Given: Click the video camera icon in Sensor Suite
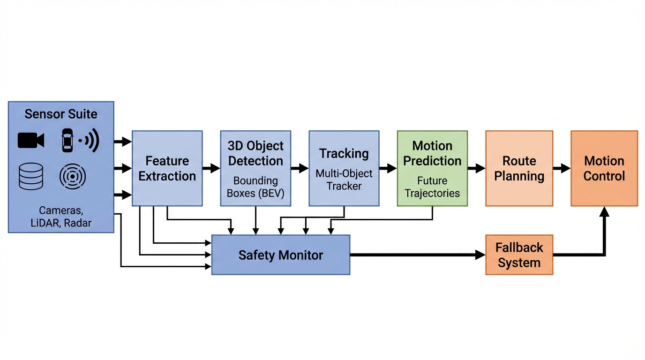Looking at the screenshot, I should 31,140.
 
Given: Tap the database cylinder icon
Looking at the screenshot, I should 31,176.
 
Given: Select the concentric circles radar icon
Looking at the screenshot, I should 72,176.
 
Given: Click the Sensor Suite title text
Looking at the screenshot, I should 61,114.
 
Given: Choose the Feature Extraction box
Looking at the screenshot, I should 167,168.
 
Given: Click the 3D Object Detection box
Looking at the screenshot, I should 255,168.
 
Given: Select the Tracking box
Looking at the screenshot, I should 344,168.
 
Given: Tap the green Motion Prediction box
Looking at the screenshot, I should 432,168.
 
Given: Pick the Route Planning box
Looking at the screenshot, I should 519,168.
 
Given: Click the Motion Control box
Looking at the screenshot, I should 604,168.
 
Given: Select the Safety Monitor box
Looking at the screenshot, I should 280,255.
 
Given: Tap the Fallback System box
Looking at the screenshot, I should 519,255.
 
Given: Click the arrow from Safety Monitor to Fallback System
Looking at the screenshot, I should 417,255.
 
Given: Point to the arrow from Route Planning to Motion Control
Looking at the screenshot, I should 562,168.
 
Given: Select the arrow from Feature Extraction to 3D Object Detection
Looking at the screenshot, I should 211,168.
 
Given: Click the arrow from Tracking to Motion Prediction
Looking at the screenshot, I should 388,168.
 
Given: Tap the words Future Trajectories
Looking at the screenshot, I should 432,187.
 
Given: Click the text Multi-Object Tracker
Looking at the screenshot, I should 344,180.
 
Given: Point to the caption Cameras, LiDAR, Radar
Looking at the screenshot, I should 61,217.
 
